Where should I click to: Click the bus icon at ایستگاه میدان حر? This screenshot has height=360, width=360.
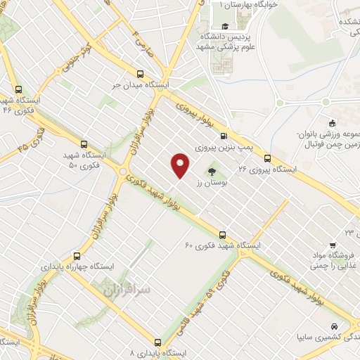(141, 73)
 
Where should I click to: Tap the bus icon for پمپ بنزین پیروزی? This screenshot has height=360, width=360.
(224, 136)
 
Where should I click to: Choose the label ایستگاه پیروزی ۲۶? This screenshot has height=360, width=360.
(267, 169)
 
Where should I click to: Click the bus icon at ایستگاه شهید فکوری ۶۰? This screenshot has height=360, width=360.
(222, 235)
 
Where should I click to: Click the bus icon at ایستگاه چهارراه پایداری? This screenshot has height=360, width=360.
(76, 256)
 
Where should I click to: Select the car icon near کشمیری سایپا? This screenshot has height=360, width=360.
(335, 326)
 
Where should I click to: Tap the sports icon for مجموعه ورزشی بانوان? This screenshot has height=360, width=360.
(328, 122)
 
